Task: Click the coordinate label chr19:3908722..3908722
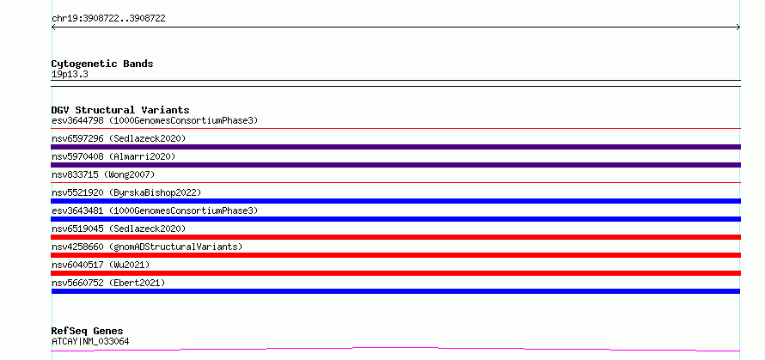coord(108,19)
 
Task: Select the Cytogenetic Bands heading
coord(102,64)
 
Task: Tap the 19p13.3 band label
coord(70,75)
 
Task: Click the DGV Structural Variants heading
coord(120,110)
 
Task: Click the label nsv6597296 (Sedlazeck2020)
coord(119,138)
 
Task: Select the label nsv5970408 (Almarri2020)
coord(113,156)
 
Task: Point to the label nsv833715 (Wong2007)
coord(103,174)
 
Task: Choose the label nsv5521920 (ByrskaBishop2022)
coord(126,192)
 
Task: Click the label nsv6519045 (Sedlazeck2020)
coord(119,229)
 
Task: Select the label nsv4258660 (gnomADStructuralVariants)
coord(147,247)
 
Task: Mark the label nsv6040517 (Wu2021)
coord(101,265)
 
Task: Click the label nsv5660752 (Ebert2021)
coord(108,283)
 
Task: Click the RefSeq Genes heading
coord(87,332)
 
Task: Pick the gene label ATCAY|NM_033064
coord(90,341)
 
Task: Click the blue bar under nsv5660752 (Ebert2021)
coord(395,291)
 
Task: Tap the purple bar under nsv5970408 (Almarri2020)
coord(395,165)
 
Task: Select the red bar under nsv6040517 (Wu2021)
coord(395,273)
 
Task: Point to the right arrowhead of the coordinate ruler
coord(739,27)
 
